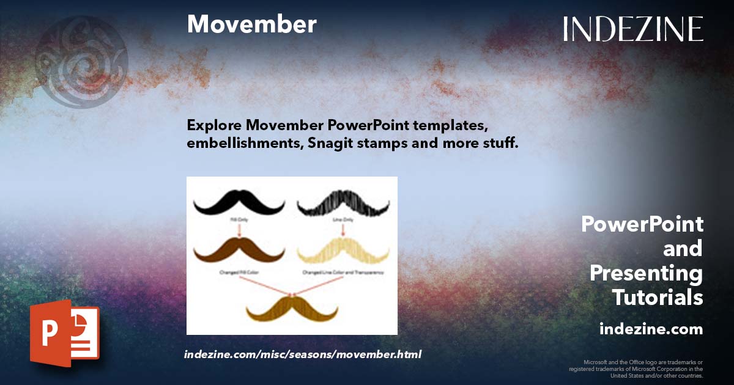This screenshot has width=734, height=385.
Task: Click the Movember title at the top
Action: point(251,24)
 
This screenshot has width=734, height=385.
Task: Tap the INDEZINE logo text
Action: point(633,29)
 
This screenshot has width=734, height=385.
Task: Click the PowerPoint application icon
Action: point(64,332)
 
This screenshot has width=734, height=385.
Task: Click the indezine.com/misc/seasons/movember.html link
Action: point(303,354)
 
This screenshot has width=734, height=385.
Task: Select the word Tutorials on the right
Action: point(658,298)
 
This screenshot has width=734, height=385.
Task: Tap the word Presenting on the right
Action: point(646,273)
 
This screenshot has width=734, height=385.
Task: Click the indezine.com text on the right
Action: point(651,329)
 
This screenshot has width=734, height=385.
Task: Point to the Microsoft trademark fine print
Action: point(636,369)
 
